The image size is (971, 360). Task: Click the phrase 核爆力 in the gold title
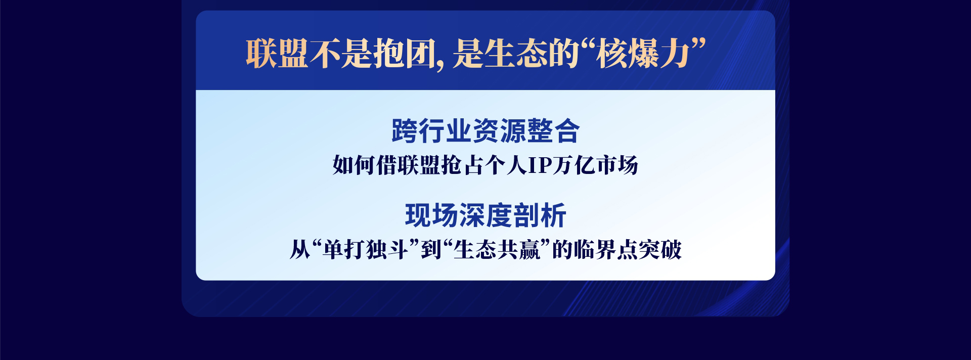[643, 53]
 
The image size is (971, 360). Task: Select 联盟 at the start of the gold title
[277, 53]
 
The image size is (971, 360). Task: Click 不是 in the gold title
[341, 53]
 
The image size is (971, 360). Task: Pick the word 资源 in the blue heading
[499, 131]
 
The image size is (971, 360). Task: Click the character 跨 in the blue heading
[405, 131]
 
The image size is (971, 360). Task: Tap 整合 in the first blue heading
[553, 131]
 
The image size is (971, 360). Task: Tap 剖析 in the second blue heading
[540, 215]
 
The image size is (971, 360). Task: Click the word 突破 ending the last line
[660, 250]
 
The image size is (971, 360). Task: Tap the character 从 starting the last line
[300, 250]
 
